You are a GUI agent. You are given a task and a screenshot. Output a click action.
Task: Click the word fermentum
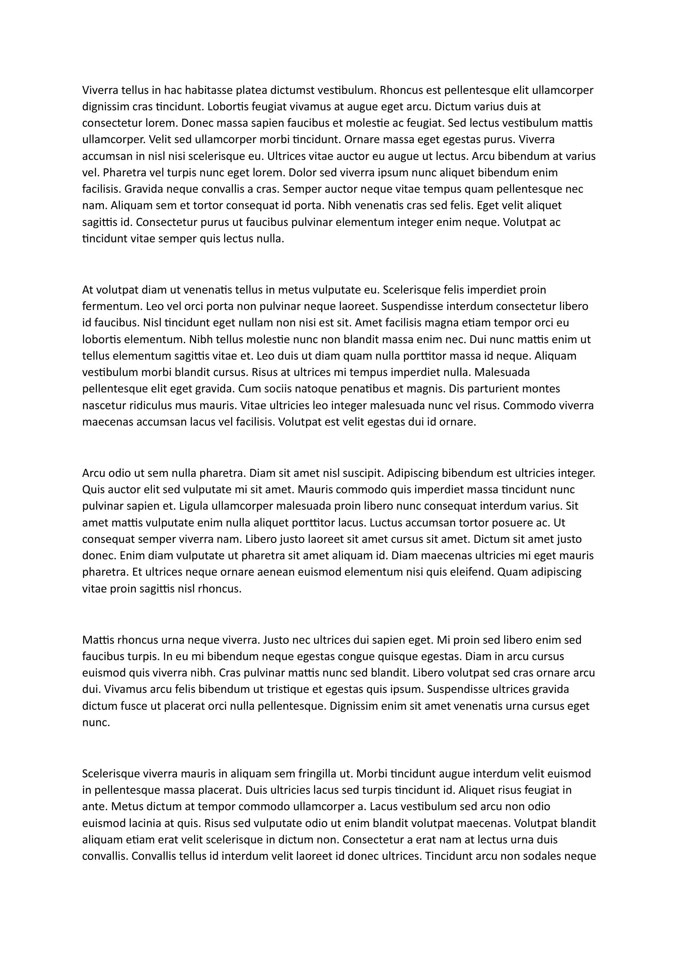pos(111,306)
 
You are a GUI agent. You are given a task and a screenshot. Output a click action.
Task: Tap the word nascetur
pos(104,405)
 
